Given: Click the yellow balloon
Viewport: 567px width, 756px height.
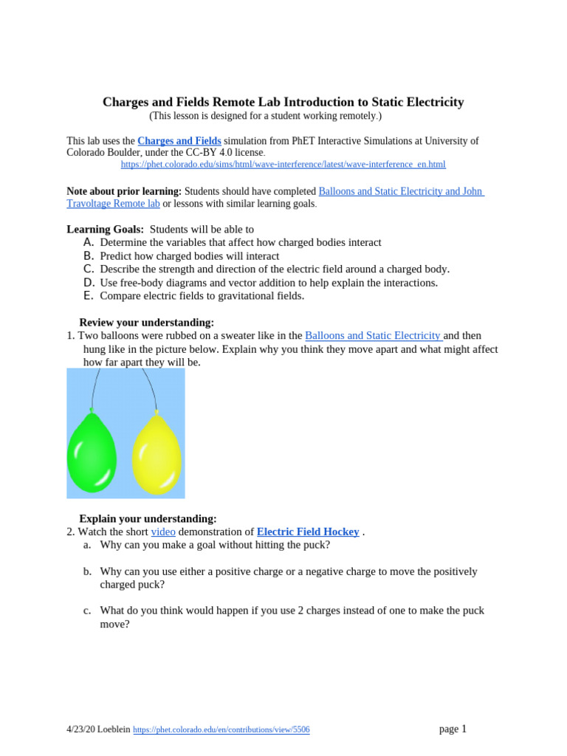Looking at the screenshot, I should (x=157, y=455).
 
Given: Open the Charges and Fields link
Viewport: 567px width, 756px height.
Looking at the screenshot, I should (x=179, y=140).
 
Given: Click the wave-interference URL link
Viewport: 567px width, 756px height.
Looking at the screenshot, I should (x=283, y=165).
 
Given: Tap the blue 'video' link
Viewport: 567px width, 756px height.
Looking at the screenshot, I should (x=163, y=532).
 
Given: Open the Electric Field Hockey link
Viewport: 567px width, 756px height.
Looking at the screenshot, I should (x=308, y=532).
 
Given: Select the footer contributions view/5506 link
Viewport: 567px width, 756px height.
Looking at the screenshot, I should (x=221, y=730).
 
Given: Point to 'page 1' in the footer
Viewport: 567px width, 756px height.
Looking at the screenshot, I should (x=453, y=729).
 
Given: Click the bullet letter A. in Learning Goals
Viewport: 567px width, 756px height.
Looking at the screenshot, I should (x=88, y=242).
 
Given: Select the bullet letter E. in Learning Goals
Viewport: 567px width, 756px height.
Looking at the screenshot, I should (x=88, y=295).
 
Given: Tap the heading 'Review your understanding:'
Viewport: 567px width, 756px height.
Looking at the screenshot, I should (x=146, y=323).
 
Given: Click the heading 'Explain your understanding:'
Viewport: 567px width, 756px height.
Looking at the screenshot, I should (x=148, y=519).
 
